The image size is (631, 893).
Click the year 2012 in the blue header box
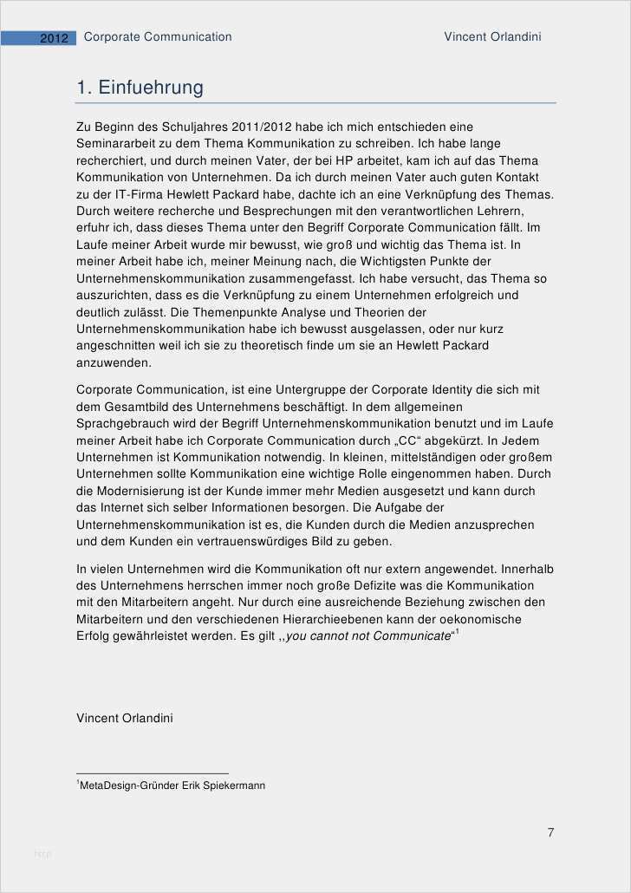tap(54, 38)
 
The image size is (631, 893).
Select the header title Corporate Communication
tap(158, 36)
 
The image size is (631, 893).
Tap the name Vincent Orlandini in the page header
tap(492, 36)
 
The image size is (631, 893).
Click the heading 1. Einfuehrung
tap(140, 88)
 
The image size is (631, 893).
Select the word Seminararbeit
tap(117, 143)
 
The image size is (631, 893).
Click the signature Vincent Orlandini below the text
tap(125, 718)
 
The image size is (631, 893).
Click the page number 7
tap(550, 832)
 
